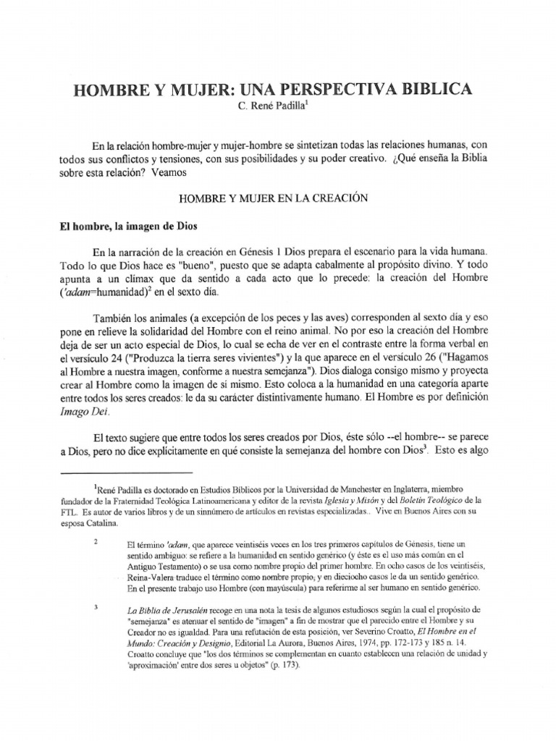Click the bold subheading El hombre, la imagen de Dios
point(125,225)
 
